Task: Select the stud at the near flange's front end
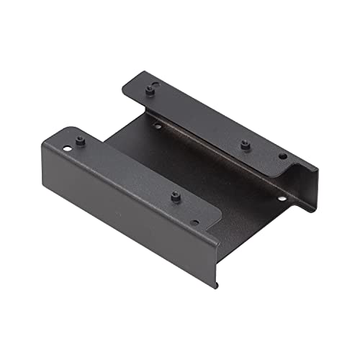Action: tap(175, 196)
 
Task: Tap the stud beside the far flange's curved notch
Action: tap(245, 143)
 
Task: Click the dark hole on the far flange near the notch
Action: tap(282, 156)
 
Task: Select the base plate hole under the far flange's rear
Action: tap(157, 126)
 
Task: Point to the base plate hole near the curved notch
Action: tap(281, 198)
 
